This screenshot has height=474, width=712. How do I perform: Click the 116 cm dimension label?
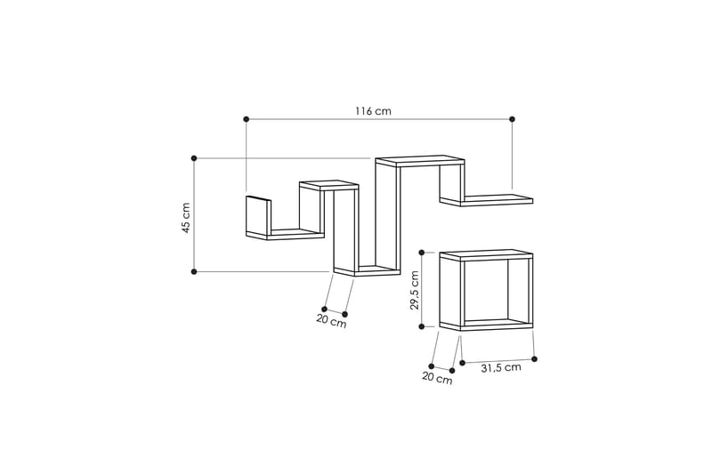point(373,110)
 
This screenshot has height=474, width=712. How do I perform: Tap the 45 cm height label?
point(186,218)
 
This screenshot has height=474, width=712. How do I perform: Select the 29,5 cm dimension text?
point(414,290)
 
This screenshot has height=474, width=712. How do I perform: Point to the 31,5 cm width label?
point(501,368)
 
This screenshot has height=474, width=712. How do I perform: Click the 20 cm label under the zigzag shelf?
point(331,321)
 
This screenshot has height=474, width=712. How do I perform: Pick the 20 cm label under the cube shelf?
point(437,378)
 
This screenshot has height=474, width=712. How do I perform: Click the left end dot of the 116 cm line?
point(247,119)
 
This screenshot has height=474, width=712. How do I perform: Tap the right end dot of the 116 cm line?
point(513,119)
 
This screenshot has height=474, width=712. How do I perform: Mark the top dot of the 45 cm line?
point(194,158)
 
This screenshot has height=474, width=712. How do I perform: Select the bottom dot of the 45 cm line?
point(194,272)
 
